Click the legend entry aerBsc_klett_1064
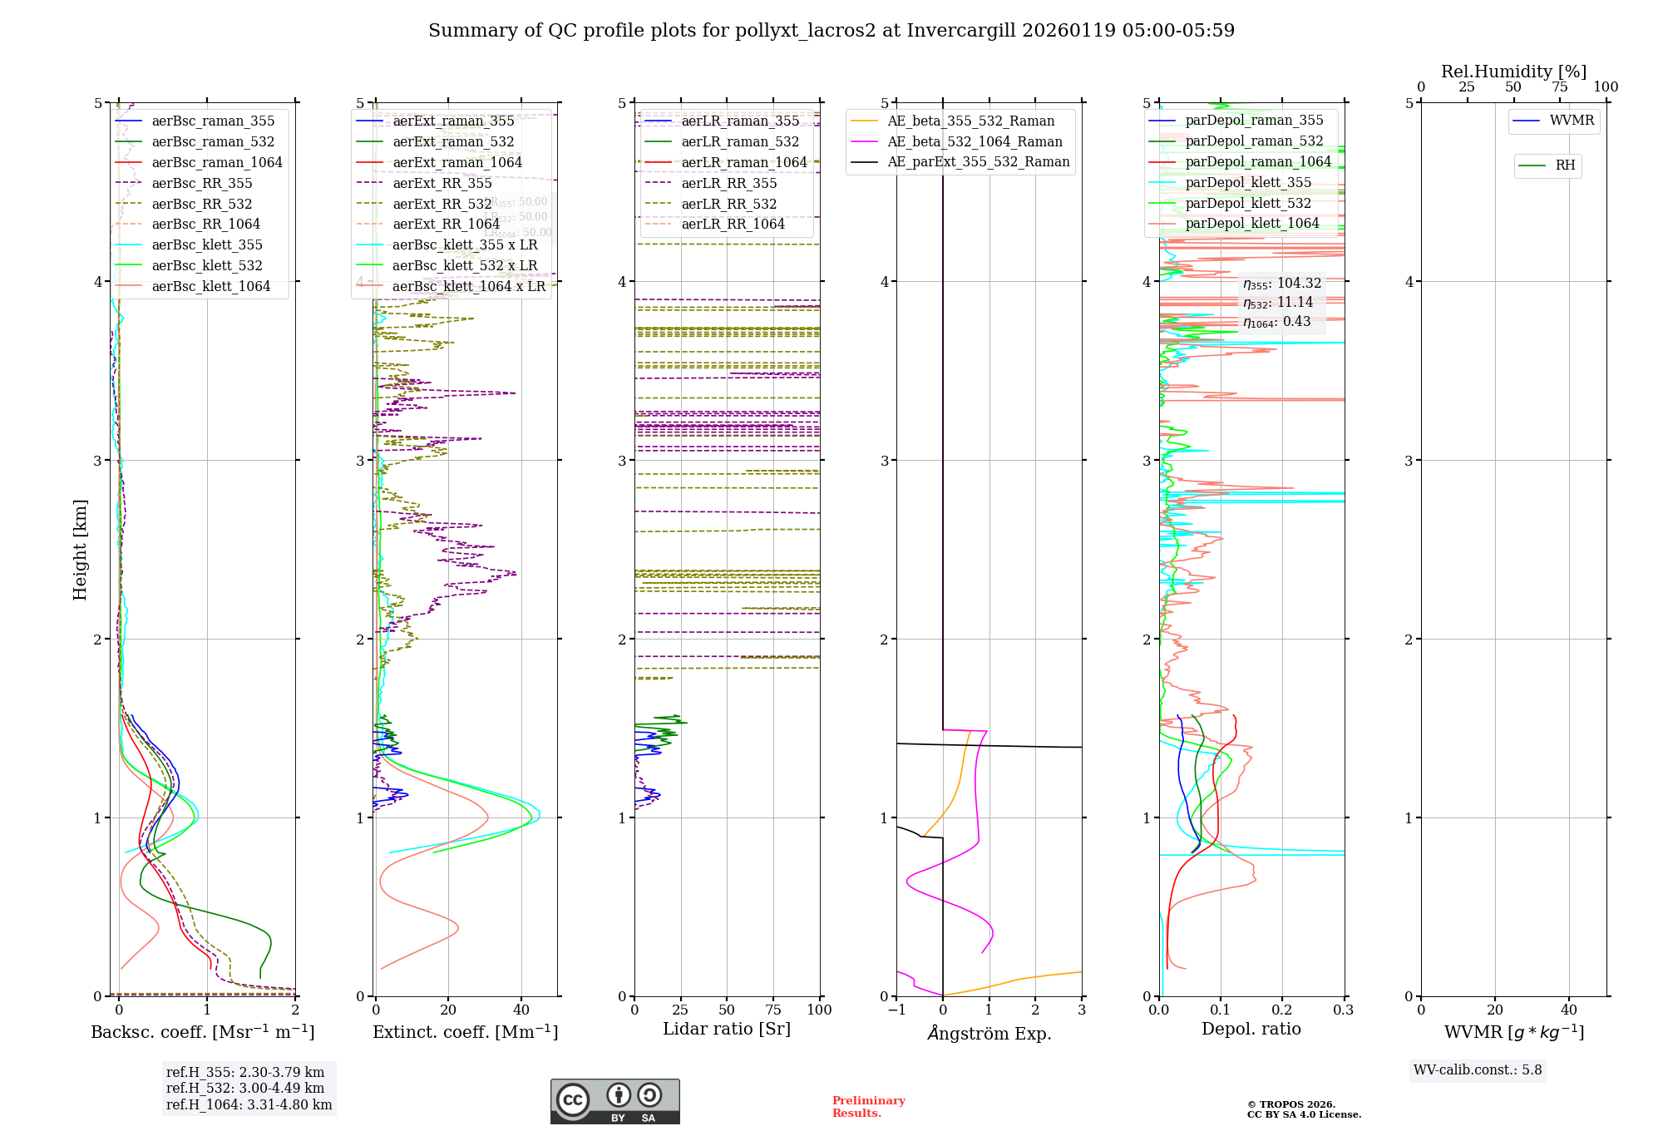click(210, 286)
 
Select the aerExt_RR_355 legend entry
click(442, 183)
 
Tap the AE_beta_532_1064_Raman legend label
click(975, 141)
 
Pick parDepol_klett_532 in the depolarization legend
click(1247, 203)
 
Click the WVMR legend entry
click(1571, 121)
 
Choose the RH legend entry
click(1564, 165)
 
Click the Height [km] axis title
click(80, 549)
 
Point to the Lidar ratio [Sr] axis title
click(726, 1029)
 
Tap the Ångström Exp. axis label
click(989, 1033)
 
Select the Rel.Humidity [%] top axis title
click(1513, 72)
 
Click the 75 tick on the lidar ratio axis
click(773, 1010)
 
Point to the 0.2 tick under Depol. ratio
click(1282, 1010)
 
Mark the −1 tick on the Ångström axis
click(896, 1010)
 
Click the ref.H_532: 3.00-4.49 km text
click(245, 1088)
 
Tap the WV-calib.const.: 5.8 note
click(1478, 1069)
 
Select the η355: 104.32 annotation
click(1281, 284)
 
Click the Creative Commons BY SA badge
click(614, 1101)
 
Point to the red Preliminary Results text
click(868, 1106)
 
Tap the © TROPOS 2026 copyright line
click(1290, 1104)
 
